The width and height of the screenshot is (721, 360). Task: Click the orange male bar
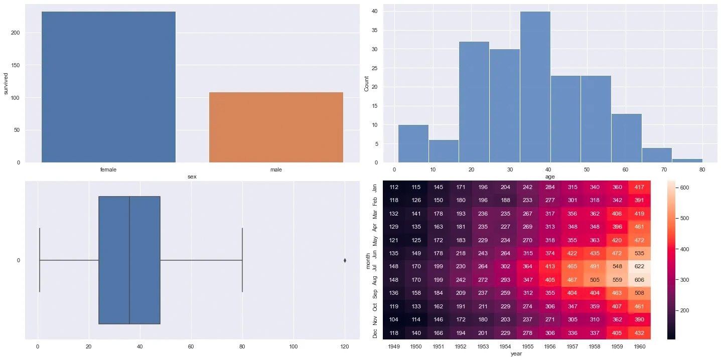click(276, 127)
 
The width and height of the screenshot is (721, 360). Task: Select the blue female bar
click(108, 87)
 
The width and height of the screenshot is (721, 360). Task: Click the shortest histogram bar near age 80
click(687, 160)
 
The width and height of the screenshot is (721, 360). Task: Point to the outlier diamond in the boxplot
click(345, 260)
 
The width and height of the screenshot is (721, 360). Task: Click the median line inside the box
click(129, 260)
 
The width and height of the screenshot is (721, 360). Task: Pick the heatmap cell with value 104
click(394, 320)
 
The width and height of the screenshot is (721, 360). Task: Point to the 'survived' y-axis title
click(6, 83)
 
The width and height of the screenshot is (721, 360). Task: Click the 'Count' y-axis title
click(366, 83)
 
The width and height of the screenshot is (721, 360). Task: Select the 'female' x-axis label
click(108, 169)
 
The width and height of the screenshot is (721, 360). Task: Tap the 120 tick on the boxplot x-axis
click(345, 346)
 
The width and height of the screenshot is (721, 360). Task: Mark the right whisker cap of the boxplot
click(242, 260)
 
